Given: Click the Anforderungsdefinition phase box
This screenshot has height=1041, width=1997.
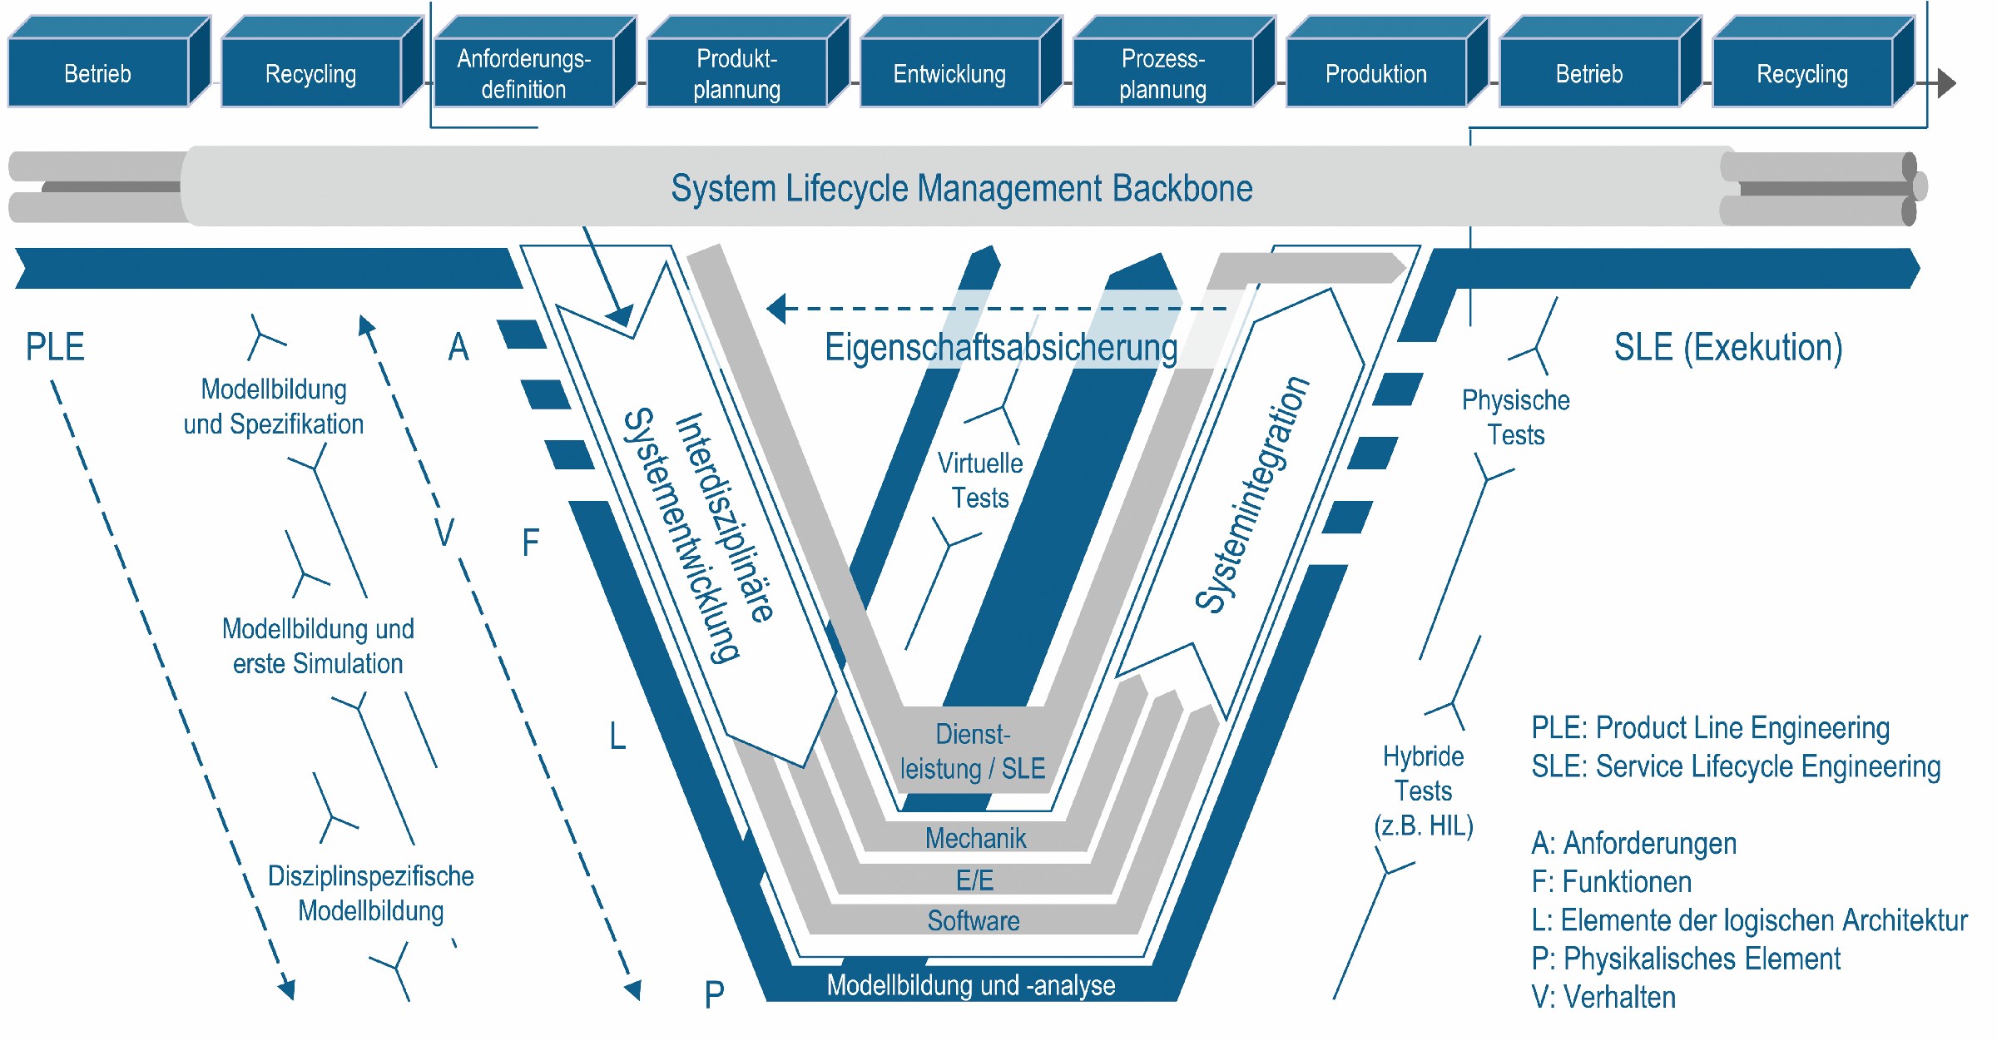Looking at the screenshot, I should pyautogui.click(x=523, y=73).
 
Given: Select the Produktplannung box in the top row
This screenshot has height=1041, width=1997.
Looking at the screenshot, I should pyautogui.click(x=736, y=73).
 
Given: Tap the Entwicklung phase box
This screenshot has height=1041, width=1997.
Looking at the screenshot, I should pyautogui.click(x=949, y=73).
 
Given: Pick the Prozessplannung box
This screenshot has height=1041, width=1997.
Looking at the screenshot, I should pyautogui.click(x=1162, y=73).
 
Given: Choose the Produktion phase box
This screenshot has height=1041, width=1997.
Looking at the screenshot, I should pyautogui.click(x=1375, y=73).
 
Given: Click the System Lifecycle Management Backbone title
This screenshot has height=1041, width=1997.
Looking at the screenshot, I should pyautogui.click(x=961, y=188).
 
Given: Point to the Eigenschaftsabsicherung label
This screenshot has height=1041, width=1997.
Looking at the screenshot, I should pyautogui.click(x=1000, y=348).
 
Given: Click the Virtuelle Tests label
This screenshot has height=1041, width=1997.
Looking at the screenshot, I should pyautogui.click(x=980, y=480).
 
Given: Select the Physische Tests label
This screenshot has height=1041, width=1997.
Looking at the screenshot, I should pyautogui.click(x=1515, y=418).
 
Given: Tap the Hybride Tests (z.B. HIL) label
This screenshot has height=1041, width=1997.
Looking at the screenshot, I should pyautogui.click(x=1423, y=791).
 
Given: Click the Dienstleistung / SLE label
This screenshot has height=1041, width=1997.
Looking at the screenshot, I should pyautogui.click(x=972, y=751).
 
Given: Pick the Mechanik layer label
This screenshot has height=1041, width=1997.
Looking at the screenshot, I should pyautogui.click(x=975, y=838).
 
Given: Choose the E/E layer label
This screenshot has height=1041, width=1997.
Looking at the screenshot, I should pyautogui.click(x=974, y=880).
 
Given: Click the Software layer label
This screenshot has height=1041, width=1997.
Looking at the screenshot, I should pyautogui.click(x=974, y=920).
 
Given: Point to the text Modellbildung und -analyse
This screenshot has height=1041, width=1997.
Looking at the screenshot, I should pyautogui.click(x=970, y=985).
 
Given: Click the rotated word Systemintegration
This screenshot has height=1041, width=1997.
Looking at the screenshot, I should pyautogui.click(x=1251, y=494).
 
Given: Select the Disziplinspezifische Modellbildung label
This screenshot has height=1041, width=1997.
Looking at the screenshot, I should pyautogui.click(x=370, y=893).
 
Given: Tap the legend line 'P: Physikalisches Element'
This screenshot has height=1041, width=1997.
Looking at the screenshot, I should pyautogui.click(x=1686, y=959).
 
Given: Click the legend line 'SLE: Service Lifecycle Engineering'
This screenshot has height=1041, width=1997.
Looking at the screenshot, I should pyautogui.click(x=1736, y=766).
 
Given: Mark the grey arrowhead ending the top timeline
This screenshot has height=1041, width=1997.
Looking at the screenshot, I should pyautogui.click(x=1946, y=83).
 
